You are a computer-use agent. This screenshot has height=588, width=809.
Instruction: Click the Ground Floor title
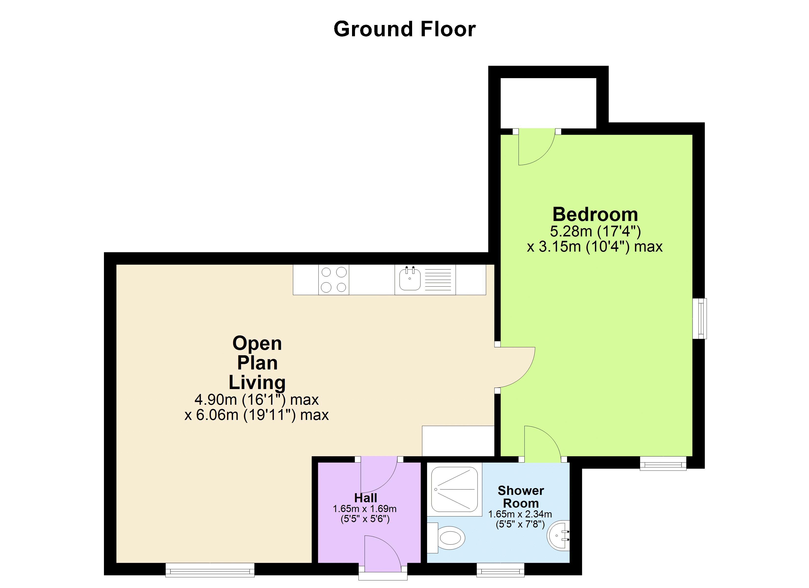click(x=404, y=29)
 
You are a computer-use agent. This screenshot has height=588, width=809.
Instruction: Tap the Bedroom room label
click(x=595, y=215)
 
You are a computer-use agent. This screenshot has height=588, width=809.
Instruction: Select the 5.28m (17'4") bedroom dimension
click(x=595, y=232)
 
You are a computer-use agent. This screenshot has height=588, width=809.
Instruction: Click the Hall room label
click(x=365, y=498)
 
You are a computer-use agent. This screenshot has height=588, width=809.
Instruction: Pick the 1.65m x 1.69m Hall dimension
click(x=365, y=509)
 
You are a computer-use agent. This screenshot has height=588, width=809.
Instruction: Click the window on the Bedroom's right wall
click(x=699, y=318)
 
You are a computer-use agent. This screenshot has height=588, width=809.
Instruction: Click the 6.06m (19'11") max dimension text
click(x=256, y=415)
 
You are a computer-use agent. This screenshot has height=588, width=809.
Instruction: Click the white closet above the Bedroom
click(x=548, y=103)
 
